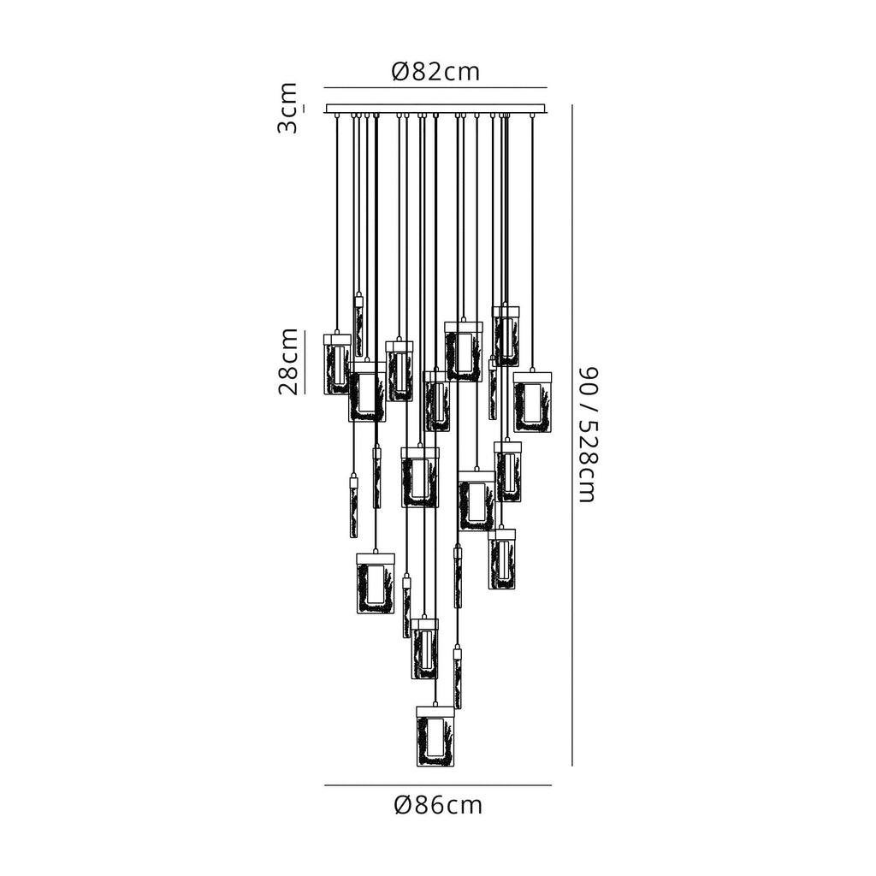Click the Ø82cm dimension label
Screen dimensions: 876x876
pos(435,72)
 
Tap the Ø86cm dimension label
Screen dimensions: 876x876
pos(438,805)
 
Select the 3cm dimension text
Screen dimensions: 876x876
pos(288,108)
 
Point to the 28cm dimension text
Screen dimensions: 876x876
pos(288,361)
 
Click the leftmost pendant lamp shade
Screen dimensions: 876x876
pos(336,364)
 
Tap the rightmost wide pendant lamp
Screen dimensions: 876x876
pos(532,402)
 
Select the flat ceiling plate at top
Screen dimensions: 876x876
pos(435,109)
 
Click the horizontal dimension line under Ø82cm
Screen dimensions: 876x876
pos(435,88)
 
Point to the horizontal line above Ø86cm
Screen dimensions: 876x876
pos(437,784)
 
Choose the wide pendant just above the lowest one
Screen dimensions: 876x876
pos(424,649)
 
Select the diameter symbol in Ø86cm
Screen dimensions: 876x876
pos(405,805)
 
